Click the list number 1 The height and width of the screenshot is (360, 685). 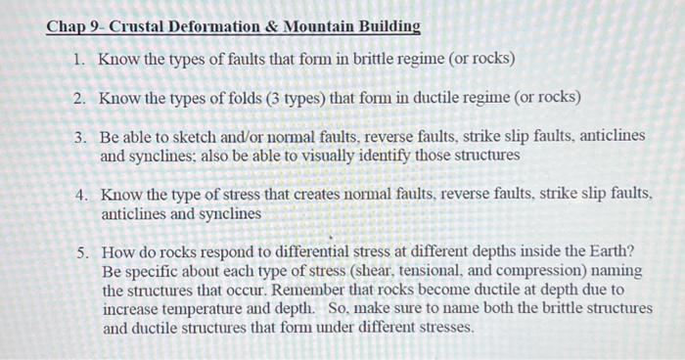point(80,59)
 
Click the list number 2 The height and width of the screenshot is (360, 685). point(80,98)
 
